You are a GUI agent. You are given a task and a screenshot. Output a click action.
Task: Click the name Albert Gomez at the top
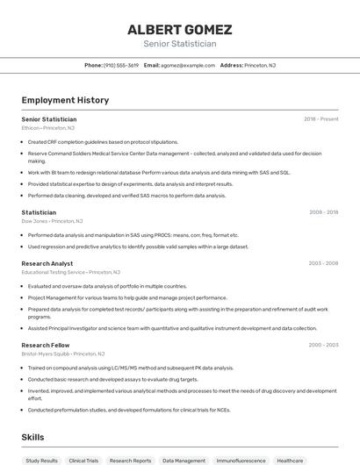click(x=179, y=28)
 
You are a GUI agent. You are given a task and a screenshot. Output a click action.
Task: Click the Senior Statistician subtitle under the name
click(x=179, y=43)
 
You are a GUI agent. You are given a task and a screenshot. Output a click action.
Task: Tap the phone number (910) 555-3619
click(x=121, y=65)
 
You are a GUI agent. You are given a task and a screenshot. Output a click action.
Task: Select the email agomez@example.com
click(x=187, y=65)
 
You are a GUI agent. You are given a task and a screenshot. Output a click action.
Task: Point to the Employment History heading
click(x=65, y=100)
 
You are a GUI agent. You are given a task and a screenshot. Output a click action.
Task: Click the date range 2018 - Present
click(x=321, y=118)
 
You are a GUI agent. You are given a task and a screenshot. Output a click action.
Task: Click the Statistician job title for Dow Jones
click(x=39, y=212)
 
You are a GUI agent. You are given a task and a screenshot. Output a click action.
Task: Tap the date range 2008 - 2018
click(x=323, y=212)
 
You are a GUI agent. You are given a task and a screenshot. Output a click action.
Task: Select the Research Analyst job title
click(x=47, y=263)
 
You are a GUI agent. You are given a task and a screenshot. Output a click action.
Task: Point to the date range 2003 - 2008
click(x=323, y=263)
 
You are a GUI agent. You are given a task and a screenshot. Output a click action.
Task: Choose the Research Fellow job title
click(x=46, y=346)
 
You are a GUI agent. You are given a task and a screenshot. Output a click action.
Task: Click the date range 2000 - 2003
click(x=323, y=346)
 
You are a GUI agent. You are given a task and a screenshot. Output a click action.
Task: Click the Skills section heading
click(x=32, y=437)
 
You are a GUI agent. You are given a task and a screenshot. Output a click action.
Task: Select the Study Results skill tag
click(x=41, y=460)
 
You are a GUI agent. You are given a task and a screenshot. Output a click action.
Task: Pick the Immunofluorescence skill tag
click(x=241, y=460)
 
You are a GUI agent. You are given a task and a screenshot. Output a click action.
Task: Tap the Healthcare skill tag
click(x=290, y=460)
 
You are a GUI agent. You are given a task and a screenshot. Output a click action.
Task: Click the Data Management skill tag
click(x=184, y=460)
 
